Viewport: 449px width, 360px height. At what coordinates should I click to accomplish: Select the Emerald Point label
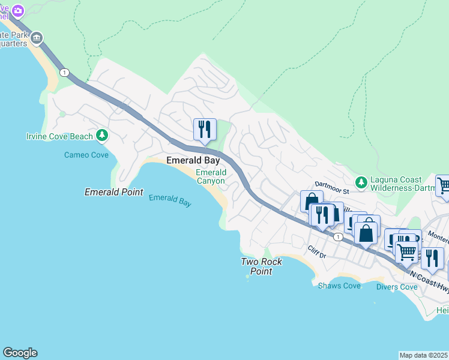[114, 193]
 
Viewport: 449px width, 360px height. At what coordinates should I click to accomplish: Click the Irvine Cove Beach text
[59, 136]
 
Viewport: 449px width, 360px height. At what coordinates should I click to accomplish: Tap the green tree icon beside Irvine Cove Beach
[103, 136]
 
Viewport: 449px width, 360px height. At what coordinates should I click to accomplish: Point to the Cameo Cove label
[86, 155]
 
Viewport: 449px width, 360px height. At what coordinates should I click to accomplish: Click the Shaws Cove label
[340, 286]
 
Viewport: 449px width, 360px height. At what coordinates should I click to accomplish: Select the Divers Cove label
[397, 287]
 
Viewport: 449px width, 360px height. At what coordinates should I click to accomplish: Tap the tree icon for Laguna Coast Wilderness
[361, 181]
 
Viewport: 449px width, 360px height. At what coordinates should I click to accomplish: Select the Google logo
[20, 353]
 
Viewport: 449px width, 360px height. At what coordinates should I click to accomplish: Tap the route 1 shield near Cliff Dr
[338, 237]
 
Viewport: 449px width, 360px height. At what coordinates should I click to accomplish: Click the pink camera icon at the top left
[18, 11]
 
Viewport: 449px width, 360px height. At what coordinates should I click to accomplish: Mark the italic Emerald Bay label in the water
[170, 200]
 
